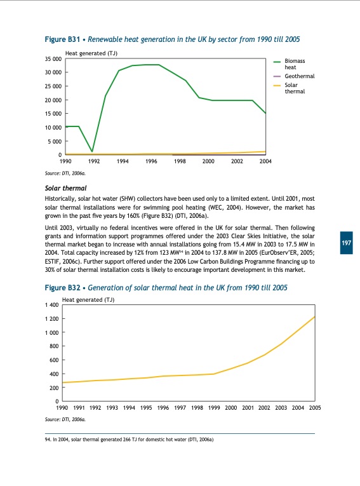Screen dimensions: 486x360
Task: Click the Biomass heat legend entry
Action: click(290, 64)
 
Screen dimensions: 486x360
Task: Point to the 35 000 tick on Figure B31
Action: click(53, 59)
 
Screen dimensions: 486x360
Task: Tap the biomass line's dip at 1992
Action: click(93, 151)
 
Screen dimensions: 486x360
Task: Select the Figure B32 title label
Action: click(166, 288)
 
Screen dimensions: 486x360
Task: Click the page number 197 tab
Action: click(346, 244)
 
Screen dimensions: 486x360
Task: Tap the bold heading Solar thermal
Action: click(66, 189)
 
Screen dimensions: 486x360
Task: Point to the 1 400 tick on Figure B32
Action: click(52, 306)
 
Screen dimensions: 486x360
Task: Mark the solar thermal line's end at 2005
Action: click(314, 316)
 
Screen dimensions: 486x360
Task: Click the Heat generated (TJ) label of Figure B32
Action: click(88, 299)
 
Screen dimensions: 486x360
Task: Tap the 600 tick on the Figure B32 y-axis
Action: click(55, 361)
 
